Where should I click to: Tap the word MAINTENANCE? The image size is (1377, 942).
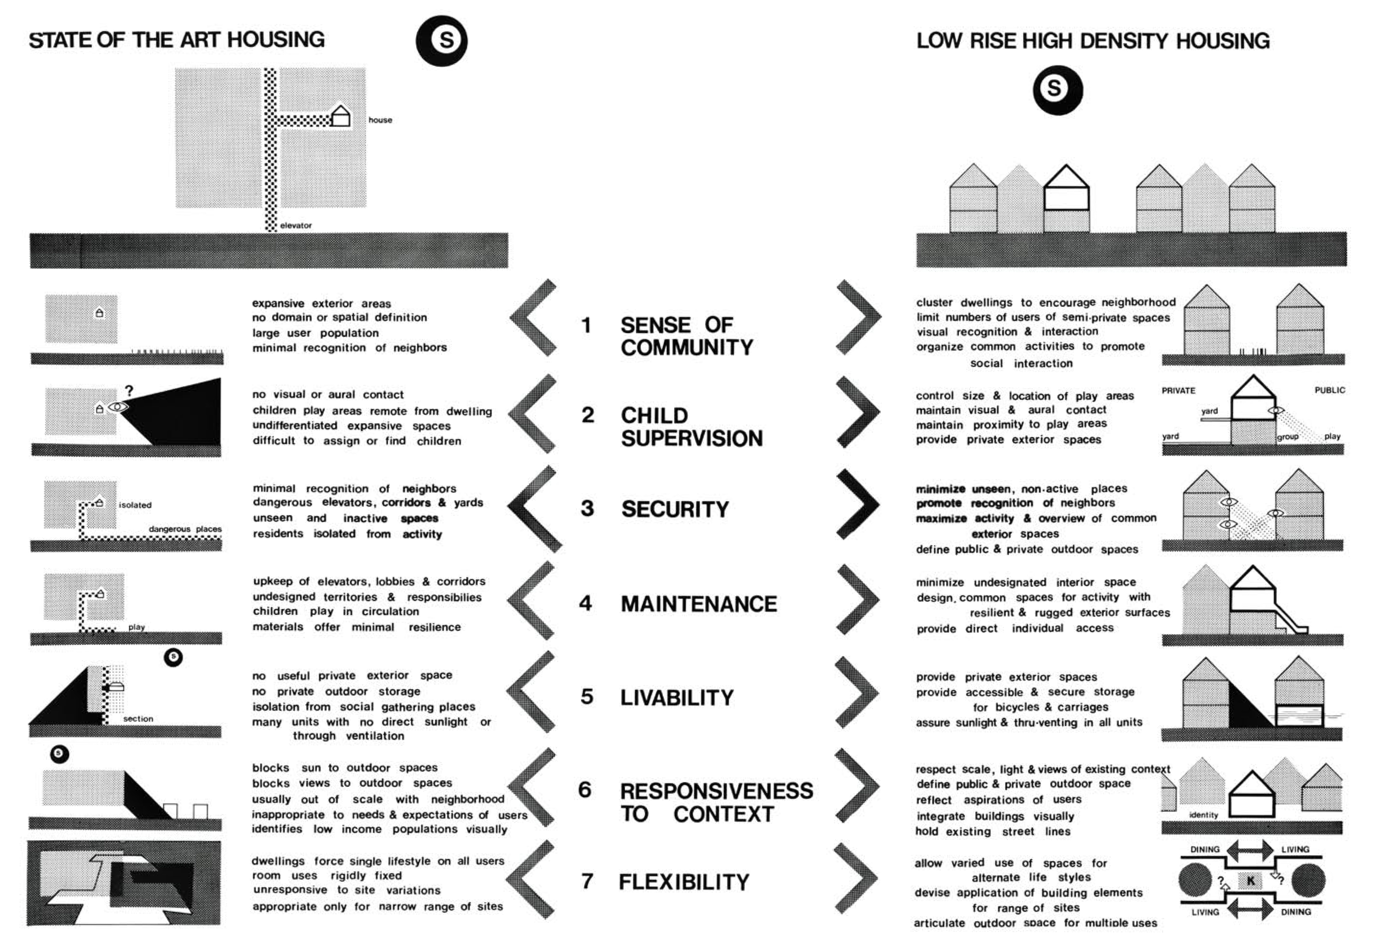(699, 604)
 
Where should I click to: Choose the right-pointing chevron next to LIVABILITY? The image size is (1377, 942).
(857, 692)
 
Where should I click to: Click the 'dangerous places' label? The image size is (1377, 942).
(185, 529)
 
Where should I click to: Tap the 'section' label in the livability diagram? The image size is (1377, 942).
(138, 719)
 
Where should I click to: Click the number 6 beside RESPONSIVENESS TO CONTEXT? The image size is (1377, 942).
(585, 790)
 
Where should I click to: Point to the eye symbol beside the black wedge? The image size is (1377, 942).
(118, 407)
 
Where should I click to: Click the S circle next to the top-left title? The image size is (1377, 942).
(441, 40)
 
